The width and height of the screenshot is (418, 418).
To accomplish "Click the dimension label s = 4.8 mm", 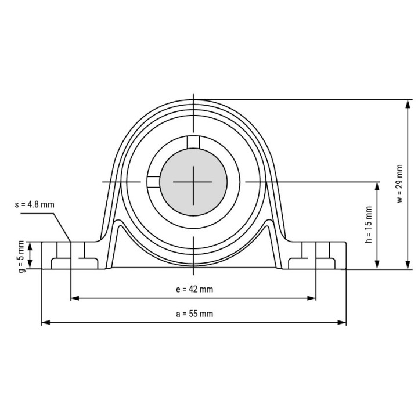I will click(35, 204).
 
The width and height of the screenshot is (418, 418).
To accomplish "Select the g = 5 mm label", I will click(21, 255).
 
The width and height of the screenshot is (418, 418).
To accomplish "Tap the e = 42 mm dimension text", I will click(194, 289).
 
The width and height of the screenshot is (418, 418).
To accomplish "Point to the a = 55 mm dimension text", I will click(194, 313).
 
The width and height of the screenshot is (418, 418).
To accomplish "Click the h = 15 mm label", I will click(368, 224).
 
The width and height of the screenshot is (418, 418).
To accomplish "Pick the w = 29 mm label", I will click(399, 184).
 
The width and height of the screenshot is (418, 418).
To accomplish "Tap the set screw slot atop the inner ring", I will click(193, 142).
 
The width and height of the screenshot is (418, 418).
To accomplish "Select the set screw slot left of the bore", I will click(153, 182).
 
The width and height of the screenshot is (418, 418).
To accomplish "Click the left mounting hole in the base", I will click(70, 251).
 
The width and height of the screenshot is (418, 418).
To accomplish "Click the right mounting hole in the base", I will click(316, 251).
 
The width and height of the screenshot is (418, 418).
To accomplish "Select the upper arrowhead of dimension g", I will click(31, 245).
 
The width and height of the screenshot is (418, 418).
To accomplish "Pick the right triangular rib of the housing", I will click(268, 244).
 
